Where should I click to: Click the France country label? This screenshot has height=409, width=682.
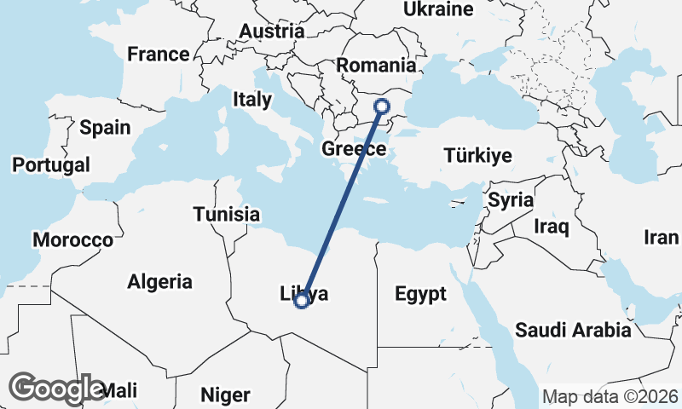(x=158, y=55)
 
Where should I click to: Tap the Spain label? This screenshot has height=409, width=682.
(x=105, y=129)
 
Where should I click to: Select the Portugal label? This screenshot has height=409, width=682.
(x=51, y=164)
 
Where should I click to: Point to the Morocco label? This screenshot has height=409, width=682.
(x=72, y=240)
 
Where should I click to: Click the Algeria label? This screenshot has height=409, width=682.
(x=160, y=281)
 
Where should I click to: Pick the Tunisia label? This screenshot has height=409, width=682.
(x=226, y=214)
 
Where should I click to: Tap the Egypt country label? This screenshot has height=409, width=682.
(x=420, y=295)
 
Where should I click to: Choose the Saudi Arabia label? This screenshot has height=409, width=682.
(x=573, y=330)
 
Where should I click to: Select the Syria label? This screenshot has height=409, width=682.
(x=511, y=201)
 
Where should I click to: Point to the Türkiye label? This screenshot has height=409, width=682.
(x=477, y=155)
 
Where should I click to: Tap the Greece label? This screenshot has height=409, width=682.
(x=355, y=150)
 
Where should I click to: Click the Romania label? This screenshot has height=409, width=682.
(x=376, y=66)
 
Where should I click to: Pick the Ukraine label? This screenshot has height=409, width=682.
(x=437, y=10)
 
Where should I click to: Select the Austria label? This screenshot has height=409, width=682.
(x=272, y=32)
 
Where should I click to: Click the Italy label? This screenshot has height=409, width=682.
(x=251, y=100)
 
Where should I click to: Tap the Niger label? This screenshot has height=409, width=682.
(x=225, y=395)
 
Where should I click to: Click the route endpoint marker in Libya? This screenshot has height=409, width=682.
(x=301, y=300)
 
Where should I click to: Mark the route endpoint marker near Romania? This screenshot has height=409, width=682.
(x=382, y=107)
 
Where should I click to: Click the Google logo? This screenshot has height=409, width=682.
(x=57, y=389)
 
